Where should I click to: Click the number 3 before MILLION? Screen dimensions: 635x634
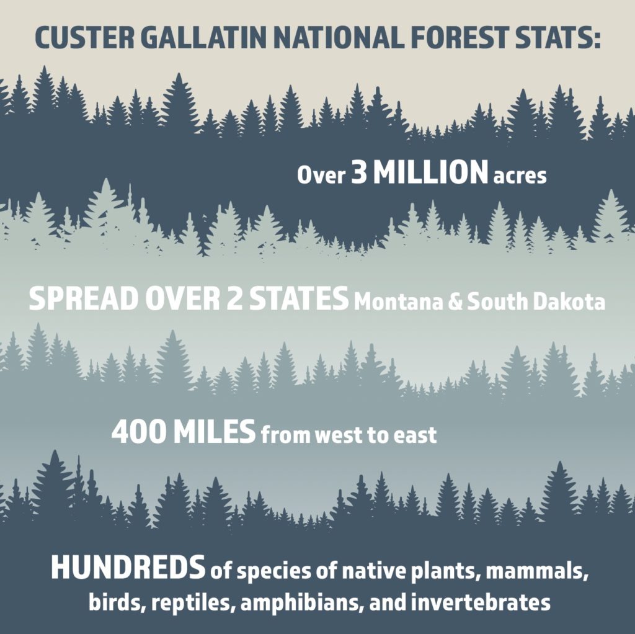[x=359, y=172]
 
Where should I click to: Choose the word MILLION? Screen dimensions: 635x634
[x=430, y=172]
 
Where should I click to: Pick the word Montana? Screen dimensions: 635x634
[x=399, y=302]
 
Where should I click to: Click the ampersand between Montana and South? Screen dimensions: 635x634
[x=455, y=302]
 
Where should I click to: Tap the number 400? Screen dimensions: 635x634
[x=138, y=432]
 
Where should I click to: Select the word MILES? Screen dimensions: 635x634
[x=214, y=432]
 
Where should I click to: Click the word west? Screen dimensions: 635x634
[x=339, y=435]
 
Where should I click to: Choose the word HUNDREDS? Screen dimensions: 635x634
[x=128, y=567]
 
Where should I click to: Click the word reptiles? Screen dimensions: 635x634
[x=193, y=603]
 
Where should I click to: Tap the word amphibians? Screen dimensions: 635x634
[x=301, y=603]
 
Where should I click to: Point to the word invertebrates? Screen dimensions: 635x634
[x=481, y=602]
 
